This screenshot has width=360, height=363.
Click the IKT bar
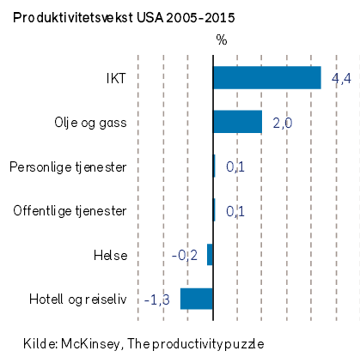click(x=267, y=77)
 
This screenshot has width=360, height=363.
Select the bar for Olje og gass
click(x=238, y=122)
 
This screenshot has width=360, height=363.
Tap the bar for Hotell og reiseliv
click(x=197, y=299)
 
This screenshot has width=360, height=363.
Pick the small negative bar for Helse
click(x=210, y=254)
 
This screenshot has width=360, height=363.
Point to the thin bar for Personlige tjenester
click(x=214, y=166)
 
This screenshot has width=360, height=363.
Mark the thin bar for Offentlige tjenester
click(x=214, y=210)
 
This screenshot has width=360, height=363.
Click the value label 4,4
click(x=341, y=78)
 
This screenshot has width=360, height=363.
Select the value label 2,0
click(x=283, y=123)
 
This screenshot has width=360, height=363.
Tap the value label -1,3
click(x=157, y=299)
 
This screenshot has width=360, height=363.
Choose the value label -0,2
click(x=185, y=256)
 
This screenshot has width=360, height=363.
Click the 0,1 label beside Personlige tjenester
click(x=235, y=166)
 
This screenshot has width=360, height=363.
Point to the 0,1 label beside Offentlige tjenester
click(x=235, y=211)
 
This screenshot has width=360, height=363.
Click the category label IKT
click(x=116, y=78)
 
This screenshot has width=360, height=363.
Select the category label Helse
click(x=111, y=255)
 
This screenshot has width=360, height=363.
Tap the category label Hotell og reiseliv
click(x=78, y=299)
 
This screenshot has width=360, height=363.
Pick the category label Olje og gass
click(x=90, y=123)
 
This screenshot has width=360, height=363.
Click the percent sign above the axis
click(x=222, y=39)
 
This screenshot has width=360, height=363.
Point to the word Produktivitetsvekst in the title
click(x=73, y=18)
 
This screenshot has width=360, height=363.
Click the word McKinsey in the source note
click(x=90, y=343)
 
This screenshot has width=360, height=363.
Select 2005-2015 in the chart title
click(x=200, y=18)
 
